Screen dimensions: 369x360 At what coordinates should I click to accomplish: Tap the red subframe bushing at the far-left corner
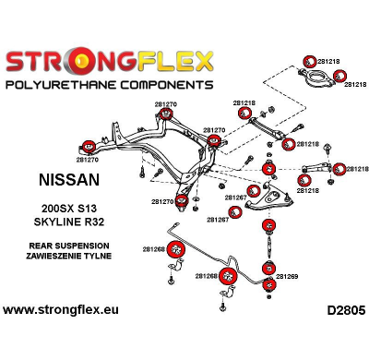pyautogui.click(x=90, y=144)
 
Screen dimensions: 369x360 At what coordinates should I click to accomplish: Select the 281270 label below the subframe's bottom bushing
pyautogui.click(x=162, y=201)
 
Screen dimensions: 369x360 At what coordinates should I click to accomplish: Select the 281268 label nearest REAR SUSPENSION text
pyautogui.click(x=153, y=248)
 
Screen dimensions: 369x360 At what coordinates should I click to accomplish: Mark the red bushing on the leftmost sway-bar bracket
pyautogui.click(x=173, y=249)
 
